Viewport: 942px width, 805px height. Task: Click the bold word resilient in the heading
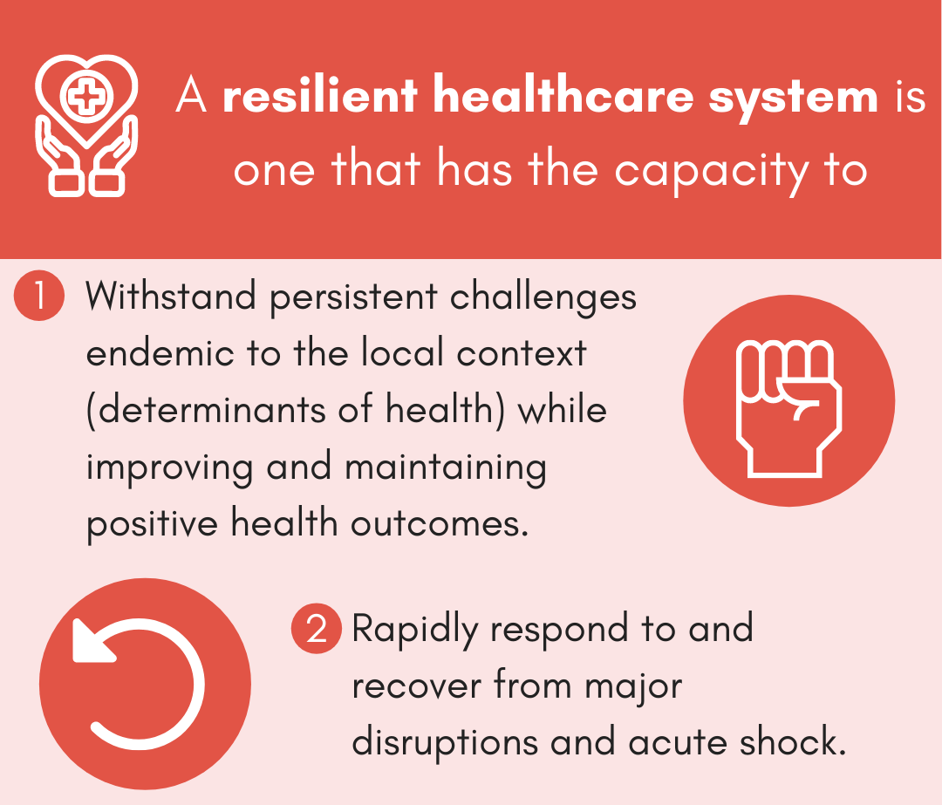tap(320, 97)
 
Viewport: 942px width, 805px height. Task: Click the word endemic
tap(160, 354)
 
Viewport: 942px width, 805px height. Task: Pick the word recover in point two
tap(417, 686)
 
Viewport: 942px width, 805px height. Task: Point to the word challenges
tap(543, 297)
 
